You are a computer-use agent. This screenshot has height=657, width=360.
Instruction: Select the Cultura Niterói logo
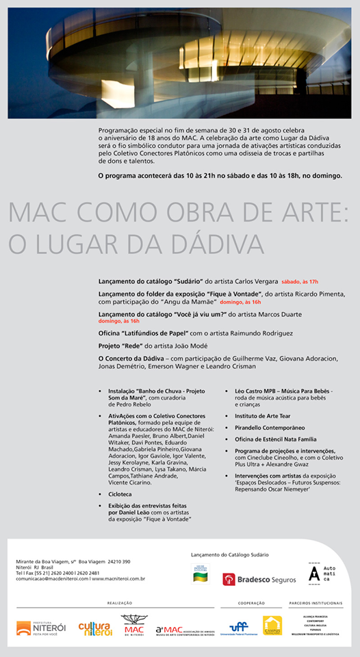94,628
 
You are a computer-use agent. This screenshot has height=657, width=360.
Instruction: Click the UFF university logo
239,627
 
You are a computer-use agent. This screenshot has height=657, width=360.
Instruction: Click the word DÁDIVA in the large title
215,243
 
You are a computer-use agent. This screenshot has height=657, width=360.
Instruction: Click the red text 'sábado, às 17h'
300,281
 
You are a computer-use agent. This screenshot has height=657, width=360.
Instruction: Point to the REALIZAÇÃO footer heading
120,603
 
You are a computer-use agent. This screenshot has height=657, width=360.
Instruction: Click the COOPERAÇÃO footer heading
251,603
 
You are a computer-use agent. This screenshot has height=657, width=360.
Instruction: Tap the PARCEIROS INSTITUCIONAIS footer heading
316,603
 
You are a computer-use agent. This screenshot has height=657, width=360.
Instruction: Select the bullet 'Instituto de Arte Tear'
263,415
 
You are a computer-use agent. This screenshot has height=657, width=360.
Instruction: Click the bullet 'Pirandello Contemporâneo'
269,426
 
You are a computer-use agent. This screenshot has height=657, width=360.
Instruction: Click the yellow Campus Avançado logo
272,626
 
